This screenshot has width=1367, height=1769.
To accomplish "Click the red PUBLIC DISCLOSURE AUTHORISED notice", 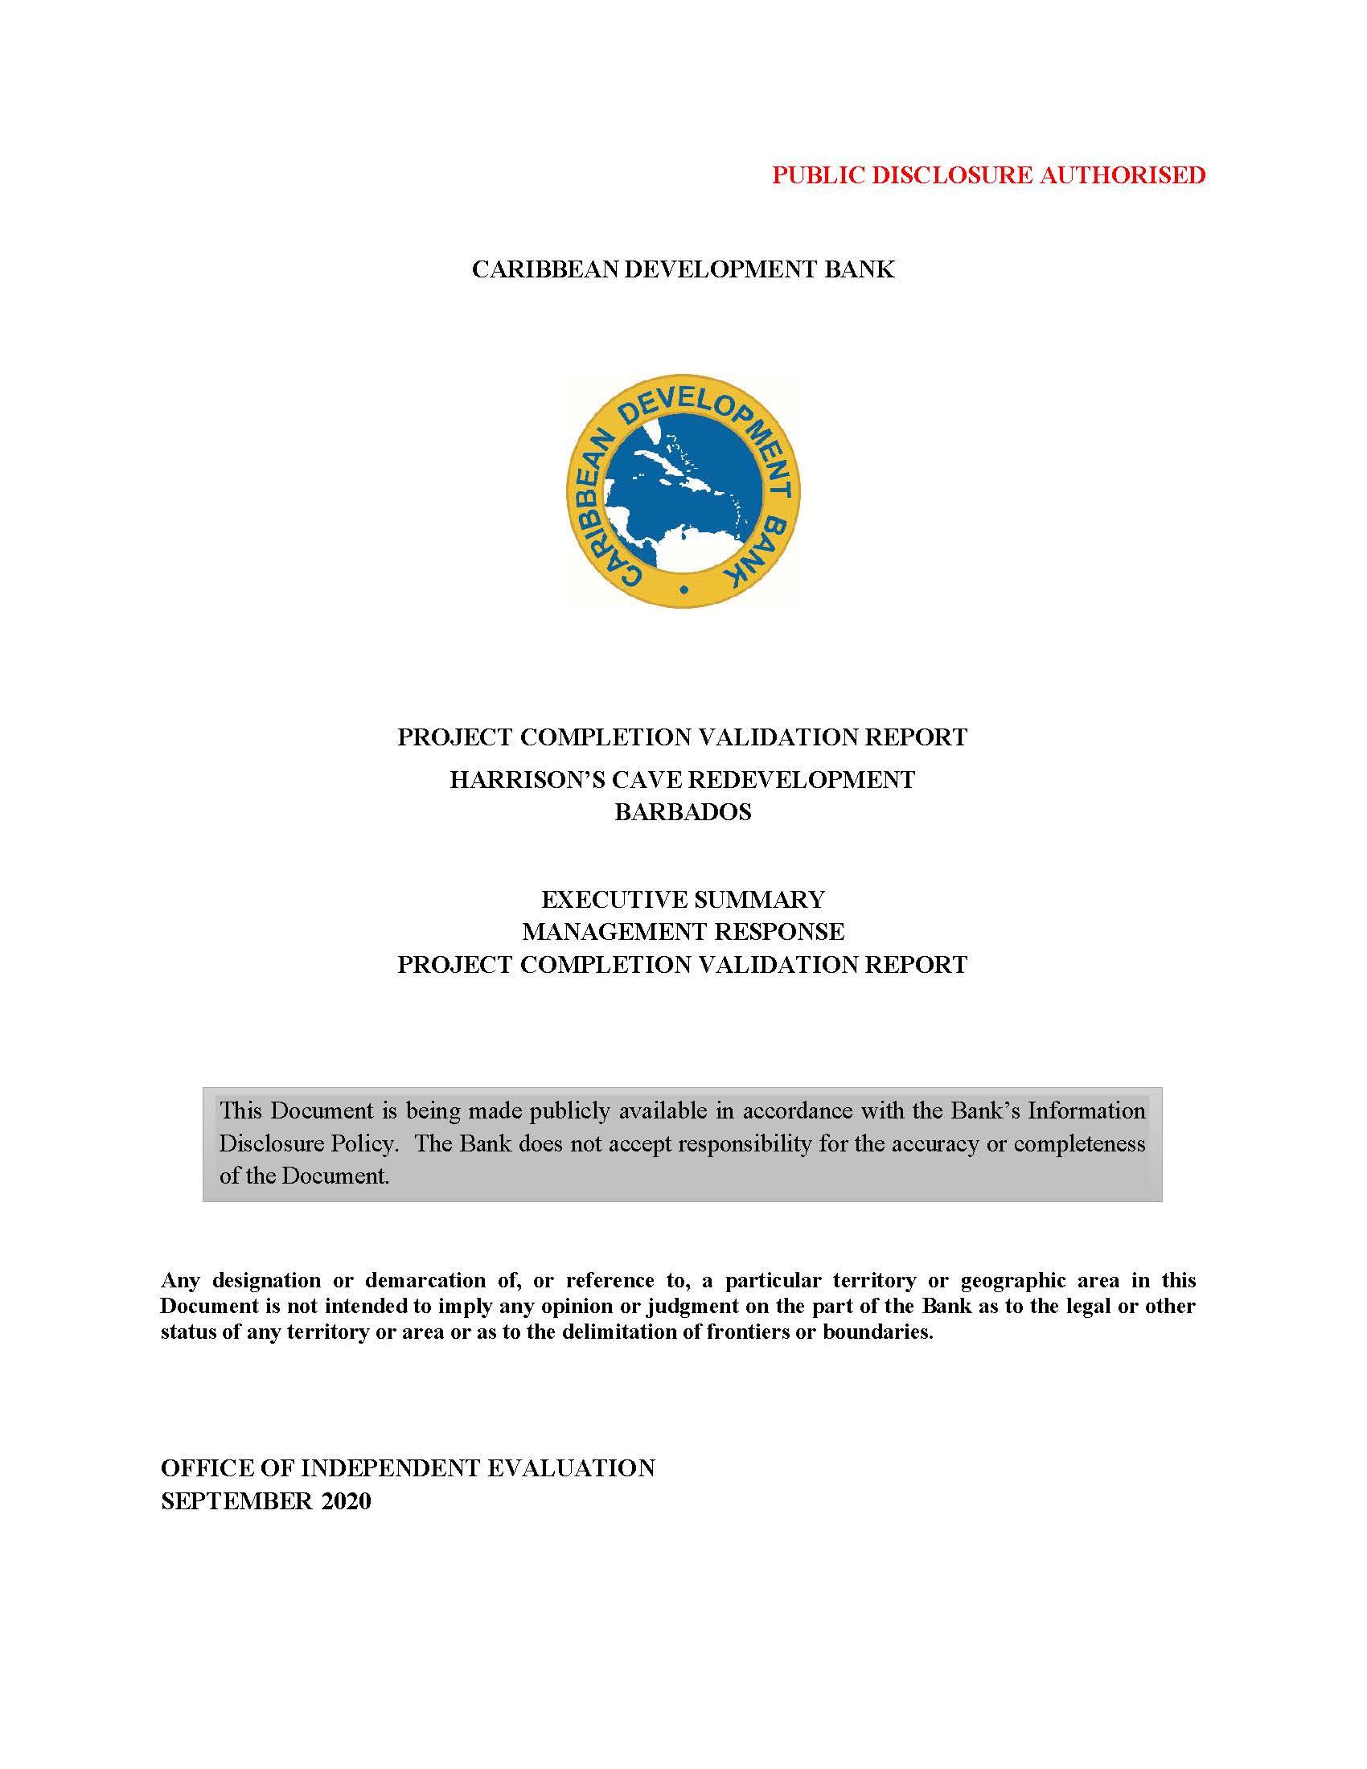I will (988, 175).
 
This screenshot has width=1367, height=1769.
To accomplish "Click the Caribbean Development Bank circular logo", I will (683, 490).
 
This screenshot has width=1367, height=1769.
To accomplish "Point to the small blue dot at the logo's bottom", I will (684, 590).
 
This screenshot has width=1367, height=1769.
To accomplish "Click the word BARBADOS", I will (683, 812).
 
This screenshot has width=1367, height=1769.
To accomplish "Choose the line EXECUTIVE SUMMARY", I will (683, 900).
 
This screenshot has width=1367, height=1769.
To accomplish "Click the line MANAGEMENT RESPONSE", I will (683, 932).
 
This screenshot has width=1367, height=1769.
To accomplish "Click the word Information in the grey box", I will (1087, 1110).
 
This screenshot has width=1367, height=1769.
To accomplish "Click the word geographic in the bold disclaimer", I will (1012, 1281).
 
